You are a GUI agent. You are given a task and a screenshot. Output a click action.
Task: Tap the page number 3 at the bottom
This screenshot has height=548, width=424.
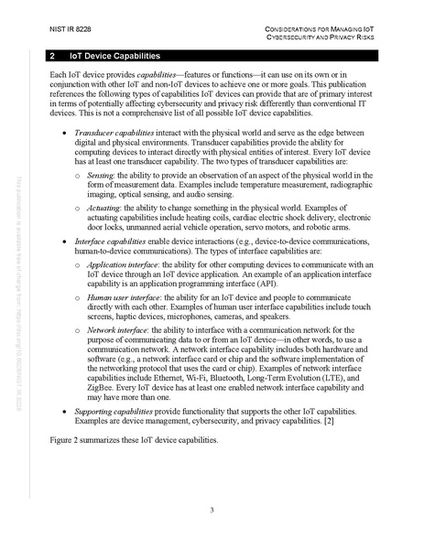pos(212,510)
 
